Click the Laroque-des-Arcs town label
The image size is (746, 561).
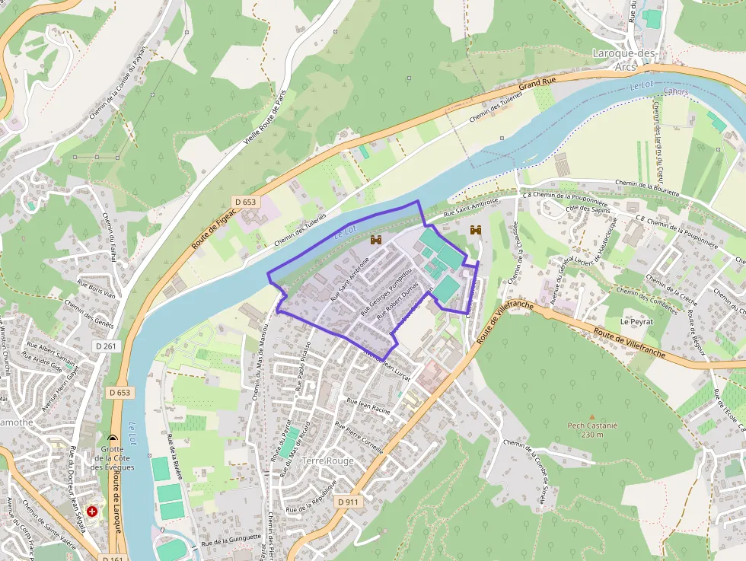624,59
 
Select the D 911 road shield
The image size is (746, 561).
348,502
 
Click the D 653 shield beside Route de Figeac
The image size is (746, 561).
245,202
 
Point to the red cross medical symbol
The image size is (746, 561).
93,512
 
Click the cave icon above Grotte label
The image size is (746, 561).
113,440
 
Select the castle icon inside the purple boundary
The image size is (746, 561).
375,240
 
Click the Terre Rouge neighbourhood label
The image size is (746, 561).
328,461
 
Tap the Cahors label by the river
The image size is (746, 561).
675,92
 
